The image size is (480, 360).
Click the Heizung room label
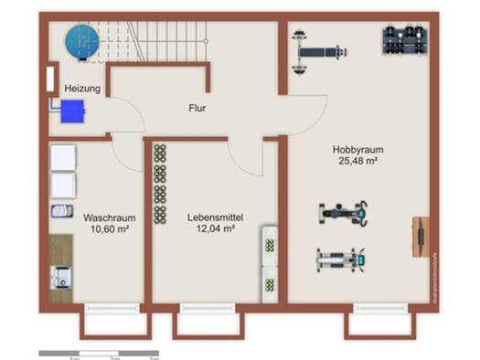[82, 89]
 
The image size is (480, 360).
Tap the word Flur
[197, 108]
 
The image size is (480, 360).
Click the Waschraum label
[110, 218]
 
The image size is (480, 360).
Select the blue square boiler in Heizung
[71, 111]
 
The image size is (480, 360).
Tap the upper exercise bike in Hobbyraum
[344, 214]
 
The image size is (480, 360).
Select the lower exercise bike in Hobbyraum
[344, 260]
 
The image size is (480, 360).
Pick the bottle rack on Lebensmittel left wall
[160, 183]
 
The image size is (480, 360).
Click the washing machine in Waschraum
[62, 276]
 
